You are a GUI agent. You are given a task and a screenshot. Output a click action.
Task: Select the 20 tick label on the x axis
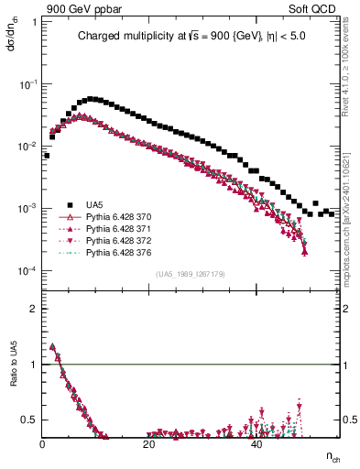click(x=149, y=443)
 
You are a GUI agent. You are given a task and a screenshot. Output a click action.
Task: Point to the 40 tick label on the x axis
click(x=256, y=443)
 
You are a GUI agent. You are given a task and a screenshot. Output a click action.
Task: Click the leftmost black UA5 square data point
click(x=47, y=156)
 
